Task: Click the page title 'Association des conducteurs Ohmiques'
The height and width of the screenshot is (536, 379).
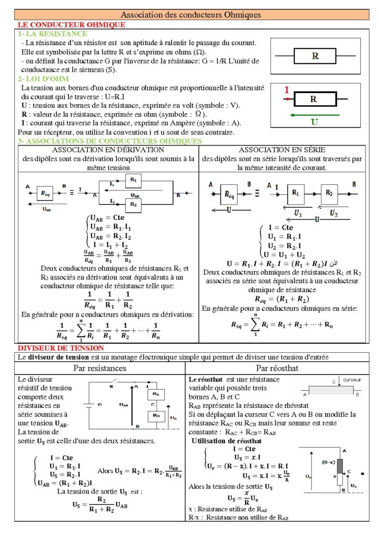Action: point(191,15)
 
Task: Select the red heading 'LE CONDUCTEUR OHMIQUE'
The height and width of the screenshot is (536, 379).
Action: point(71,25)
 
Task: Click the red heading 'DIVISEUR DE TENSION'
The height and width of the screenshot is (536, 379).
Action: point(61,348)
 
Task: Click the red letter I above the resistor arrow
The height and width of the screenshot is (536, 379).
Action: point(286,90)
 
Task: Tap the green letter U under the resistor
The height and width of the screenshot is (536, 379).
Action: point(314,122)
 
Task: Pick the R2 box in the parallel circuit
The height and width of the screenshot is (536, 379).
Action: point(133,204)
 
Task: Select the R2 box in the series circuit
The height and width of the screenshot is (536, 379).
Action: point(328,193)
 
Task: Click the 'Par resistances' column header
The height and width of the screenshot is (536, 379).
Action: point(100,368)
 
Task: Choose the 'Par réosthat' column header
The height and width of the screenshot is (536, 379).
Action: point(277,368)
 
